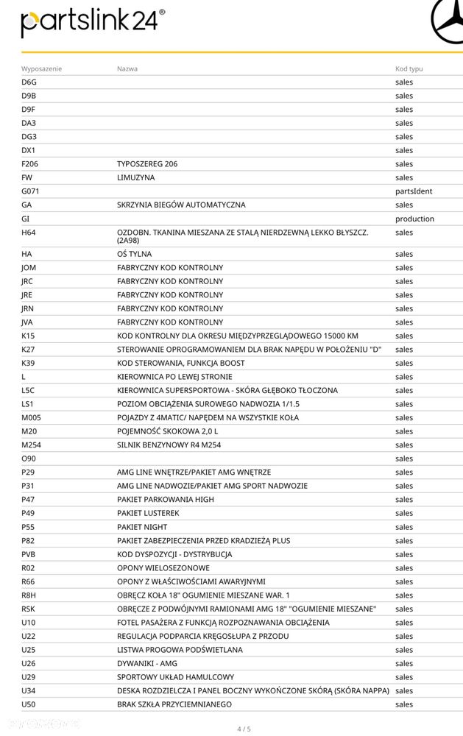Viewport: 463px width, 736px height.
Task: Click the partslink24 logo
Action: coord(90,23)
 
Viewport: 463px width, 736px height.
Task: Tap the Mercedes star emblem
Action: coord(446,22)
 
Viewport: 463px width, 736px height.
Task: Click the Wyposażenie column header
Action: coord(41,68)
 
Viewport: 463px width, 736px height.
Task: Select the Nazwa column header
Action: coord(127,68)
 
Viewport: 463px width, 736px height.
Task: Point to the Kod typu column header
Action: coord(409,68)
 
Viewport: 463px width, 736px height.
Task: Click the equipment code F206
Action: coord(30,164)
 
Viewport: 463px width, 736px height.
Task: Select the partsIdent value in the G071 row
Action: coord(413,191)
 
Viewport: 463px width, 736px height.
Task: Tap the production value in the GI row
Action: coord(414,219)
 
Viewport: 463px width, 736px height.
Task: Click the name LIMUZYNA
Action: coord(136,177)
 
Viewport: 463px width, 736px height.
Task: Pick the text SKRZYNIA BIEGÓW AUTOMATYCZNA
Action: coord(181,205)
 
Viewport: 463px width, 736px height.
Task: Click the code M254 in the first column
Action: coord(32,445)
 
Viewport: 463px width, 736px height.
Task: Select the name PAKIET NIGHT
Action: coord(142,527)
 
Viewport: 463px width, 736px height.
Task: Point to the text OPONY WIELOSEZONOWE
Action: coord(163,568)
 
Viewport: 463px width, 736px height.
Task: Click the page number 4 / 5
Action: coord(244,729)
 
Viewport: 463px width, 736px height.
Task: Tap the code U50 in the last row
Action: coord(29,704)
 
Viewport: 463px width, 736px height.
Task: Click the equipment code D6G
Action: coord(29,82)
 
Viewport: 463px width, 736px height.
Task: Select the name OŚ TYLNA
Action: coord(134,254)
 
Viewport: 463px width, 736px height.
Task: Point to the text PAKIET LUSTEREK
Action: coord(148,513)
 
